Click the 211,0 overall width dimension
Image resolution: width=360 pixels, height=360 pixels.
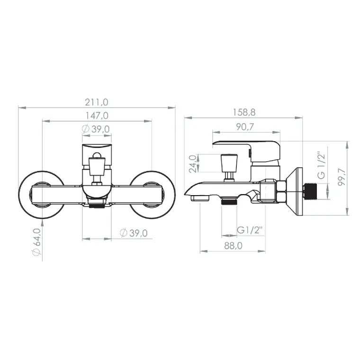click(97, 102)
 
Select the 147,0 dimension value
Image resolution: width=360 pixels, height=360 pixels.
click(97, 116)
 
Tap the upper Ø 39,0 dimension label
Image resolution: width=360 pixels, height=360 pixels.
click(96, 129)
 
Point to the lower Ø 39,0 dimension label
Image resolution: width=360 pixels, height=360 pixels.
click(134, 233)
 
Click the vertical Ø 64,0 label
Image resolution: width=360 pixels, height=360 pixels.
click(37, 242)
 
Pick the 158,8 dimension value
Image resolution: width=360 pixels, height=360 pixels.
click(244, 112)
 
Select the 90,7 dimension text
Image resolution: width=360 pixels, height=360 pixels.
click(245, 126)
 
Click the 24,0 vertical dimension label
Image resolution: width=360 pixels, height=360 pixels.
click(193, 164)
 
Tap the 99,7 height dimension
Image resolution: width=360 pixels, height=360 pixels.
click(342, 177)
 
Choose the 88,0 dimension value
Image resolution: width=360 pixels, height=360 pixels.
click(233, 246)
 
